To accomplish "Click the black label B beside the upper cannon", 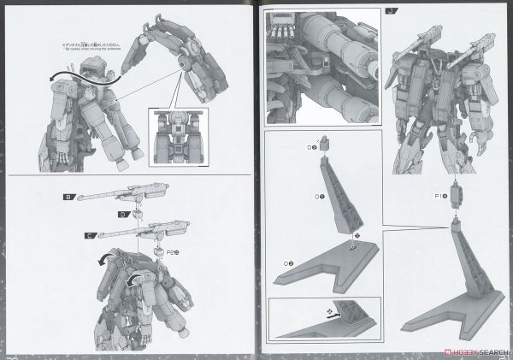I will [x=68, y=196].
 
